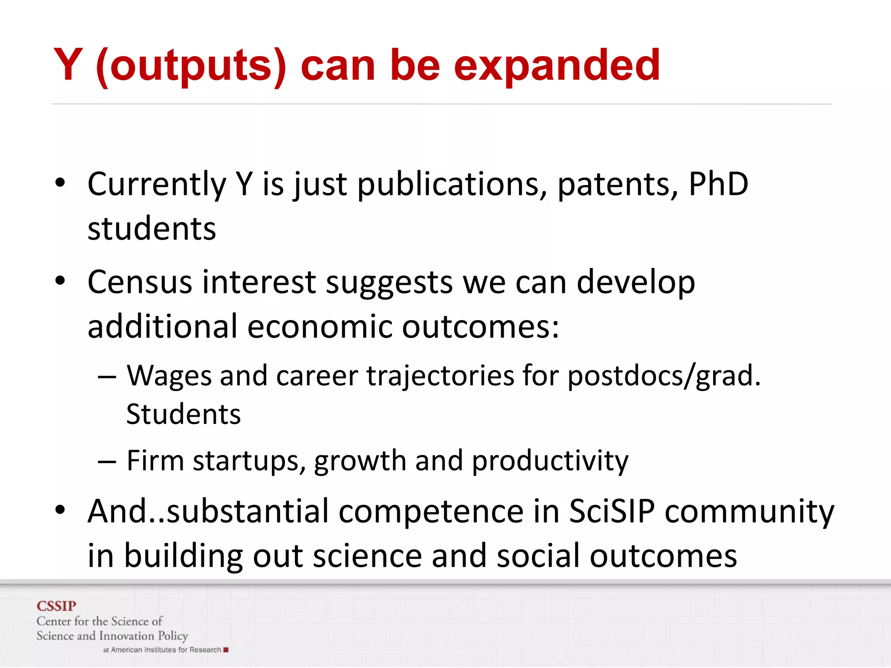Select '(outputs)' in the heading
191,66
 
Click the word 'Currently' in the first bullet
157,185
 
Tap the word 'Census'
140,282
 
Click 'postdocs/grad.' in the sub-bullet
664,375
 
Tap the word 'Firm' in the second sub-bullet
155,460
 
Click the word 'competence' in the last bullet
431,512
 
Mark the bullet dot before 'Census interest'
60,281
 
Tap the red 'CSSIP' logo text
57,606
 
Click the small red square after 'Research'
226,650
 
